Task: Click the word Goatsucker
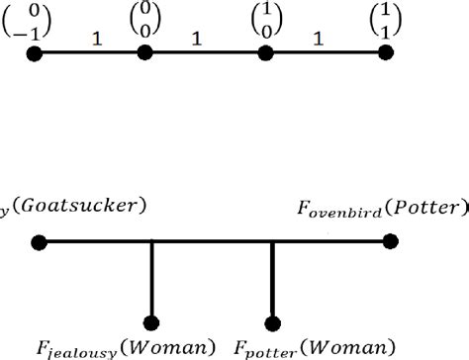click(77, 205)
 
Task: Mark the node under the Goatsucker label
click(39, 240)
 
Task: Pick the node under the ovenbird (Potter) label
click(391, 240)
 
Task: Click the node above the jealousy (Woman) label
click(151, 322)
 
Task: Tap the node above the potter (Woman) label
click(272, 322)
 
